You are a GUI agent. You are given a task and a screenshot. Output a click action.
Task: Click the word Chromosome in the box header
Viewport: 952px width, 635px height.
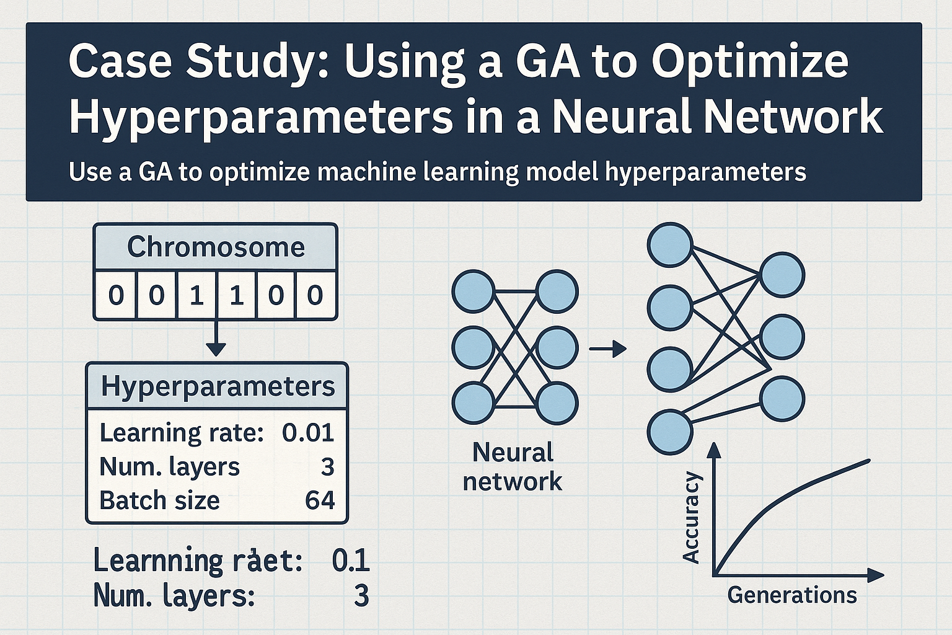(x=216, y=247)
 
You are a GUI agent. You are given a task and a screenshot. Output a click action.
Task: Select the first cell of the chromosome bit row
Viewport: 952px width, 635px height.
(x=116, y=295)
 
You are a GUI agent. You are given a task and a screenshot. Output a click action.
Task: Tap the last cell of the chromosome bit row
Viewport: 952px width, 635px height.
(x=315, y=295)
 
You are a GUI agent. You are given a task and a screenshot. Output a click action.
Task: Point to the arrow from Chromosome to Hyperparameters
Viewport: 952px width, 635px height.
(x=215, y=339)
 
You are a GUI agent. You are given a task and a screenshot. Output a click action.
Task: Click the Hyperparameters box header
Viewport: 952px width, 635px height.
(x=218, y=386)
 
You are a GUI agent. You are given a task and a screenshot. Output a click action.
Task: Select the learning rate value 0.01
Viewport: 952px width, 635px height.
(x=308, y=432)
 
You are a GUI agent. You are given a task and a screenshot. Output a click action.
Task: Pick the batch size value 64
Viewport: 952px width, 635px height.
(x=320, y=500)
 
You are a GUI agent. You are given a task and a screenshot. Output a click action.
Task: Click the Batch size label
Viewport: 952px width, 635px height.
(x=159, y=500)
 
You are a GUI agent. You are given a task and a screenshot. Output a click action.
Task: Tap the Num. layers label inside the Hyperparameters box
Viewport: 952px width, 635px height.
(x=169, y=466)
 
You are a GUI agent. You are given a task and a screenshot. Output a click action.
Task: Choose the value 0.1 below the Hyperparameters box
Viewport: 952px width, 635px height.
(x=351, y=561)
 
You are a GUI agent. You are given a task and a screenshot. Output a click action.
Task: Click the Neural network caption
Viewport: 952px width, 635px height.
(x=513, y=466)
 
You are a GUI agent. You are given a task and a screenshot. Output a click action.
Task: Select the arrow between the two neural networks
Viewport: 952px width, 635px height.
(x=607, y=350)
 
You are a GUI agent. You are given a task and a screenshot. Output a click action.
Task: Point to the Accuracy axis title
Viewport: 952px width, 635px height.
(x=690, y=517)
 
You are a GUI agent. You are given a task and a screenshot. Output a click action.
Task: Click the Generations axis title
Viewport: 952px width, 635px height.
(x=791, y=595)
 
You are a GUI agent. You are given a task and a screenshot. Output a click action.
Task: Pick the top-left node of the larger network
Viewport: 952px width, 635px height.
(x=669, y=244)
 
